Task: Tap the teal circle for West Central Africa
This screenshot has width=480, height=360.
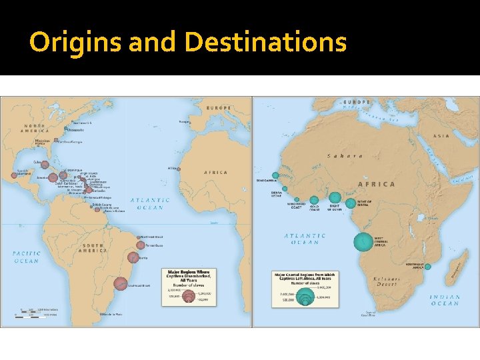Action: pos(363,240)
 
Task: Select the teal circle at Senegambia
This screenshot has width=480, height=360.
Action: pos(275,175)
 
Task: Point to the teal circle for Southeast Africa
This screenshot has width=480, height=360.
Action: pos(428,267)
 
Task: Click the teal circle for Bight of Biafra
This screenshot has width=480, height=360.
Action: pos(351,203)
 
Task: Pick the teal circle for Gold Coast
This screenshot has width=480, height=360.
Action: pos(313,199)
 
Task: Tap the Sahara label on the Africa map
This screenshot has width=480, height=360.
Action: pos(344,157)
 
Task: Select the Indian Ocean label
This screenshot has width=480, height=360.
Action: pos(445,300)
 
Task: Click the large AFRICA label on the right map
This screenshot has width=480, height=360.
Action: pos(376,184)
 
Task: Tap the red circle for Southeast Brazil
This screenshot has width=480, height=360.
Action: pos(120,283)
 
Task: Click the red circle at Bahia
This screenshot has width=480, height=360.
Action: pos(134,257)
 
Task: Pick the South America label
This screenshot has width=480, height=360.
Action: pos(93,247)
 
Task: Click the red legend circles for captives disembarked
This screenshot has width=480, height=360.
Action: pos(188,295)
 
